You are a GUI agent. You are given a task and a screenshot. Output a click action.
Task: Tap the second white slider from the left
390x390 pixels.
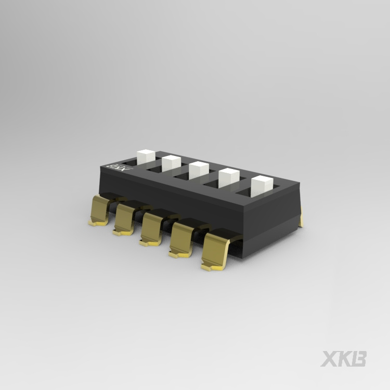(x=171, y=163)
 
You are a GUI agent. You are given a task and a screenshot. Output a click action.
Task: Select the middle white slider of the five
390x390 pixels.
(x=198, y=170)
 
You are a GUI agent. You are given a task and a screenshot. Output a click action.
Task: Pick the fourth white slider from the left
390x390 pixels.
(x=228, y=178)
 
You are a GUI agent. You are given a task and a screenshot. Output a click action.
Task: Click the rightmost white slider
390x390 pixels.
(x=262, y=186)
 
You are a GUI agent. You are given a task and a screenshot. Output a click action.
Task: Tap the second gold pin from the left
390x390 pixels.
(x=125, y=218)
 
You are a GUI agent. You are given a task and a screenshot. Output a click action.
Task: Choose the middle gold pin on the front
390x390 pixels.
(x=152, y=228)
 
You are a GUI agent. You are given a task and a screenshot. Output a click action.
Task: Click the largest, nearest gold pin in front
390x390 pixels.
(x=216, y=251)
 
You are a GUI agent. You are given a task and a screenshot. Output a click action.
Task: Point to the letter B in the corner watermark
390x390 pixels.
(x=359, y=359)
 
